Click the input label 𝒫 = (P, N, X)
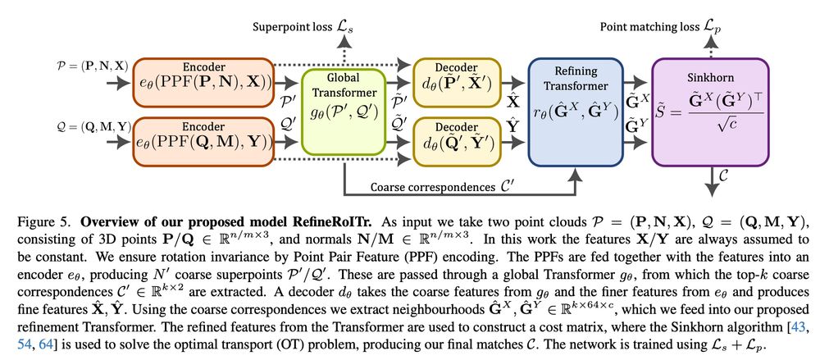66,65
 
